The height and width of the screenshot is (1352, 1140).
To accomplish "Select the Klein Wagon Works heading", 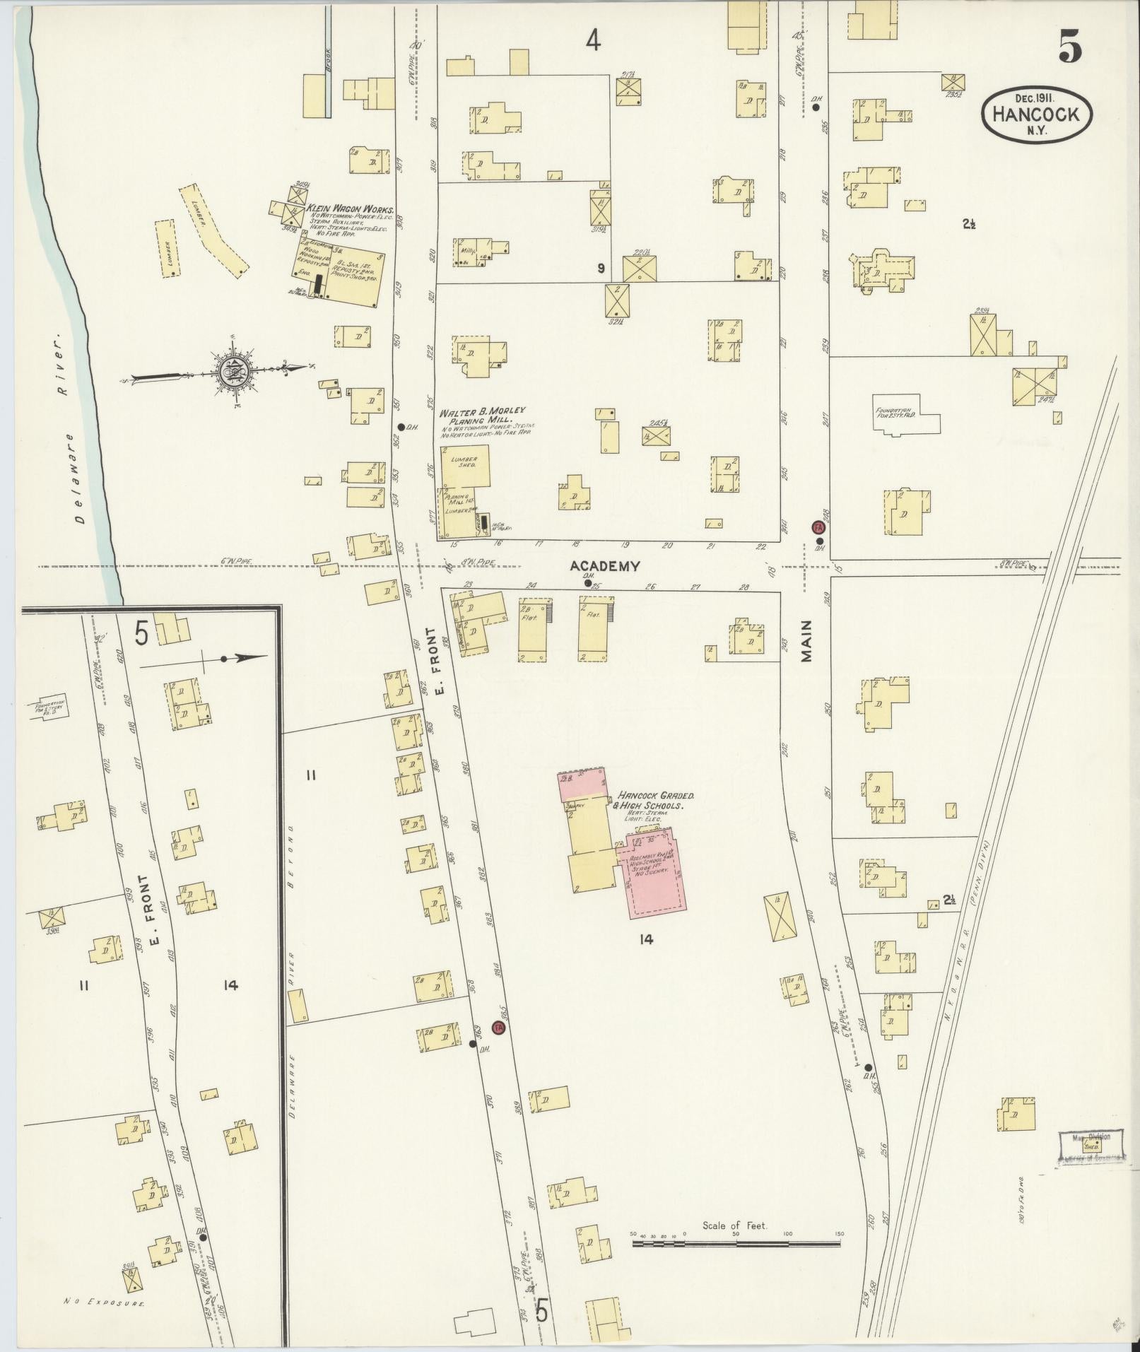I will [x=349, y=209].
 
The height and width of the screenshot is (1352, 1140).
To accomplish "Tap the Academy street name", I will [x=606, y=566].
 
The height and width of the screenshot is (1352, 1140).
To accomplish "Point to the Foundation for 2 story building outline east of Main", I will [x=905, y=413].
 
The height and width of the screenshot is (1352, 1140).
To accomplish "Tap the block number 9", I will [x=600, y=268].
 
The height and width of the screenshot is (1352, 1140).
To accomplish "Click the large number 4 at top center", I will [x=592, y=42].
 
